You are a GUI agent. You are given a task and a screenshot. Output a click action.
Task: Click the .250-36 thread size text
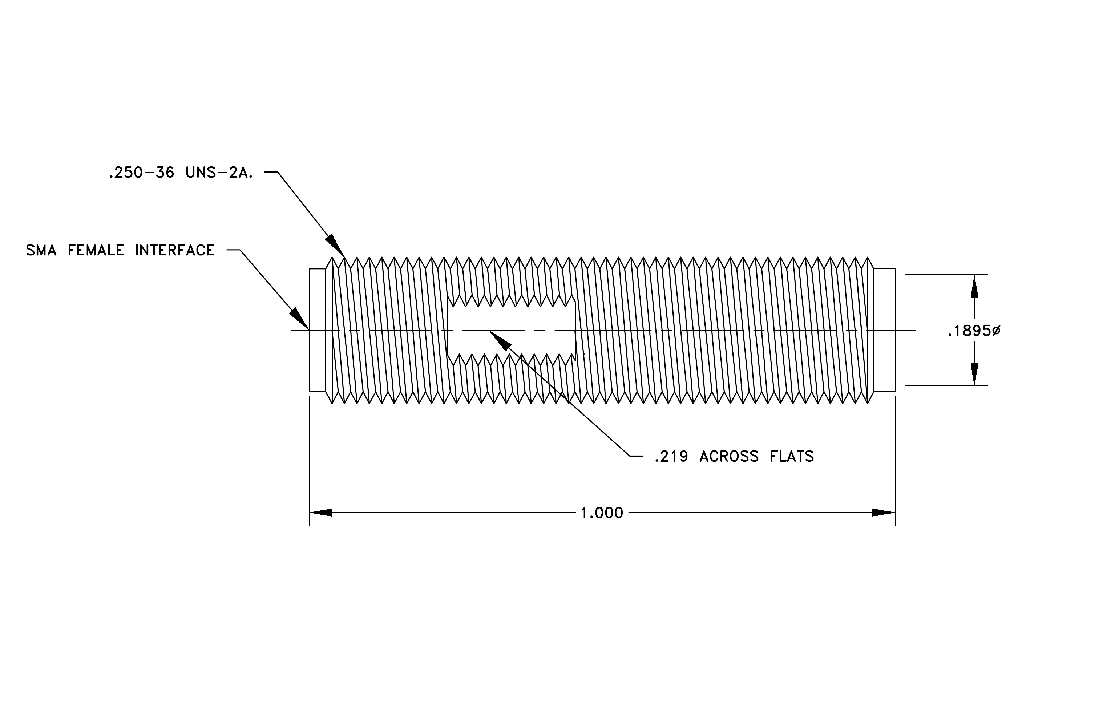pos(141,173)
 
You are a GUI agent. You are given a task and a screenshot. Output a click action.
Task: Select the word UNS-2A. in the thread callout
pos(219,173)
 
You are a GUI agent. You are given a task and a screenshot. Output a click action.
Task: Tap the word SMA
pos(41,250)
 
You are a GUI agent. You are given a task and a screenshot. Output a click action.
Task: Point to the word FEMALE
pos(96,250)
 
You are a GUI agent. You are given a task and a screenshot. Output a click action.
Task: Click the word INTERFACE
pos(174,250)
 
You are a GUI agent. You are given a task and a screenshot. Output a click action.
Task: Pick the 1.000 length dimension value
pos(602,513)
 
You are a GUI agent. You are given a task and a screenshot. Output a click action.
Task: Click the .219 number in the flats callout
pos(671,457)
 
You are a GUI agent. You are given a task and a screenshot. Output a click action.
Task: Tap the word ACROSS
pos(729,457)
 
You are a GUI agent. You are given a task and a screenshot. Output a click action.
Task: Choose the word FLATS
pos(792,457)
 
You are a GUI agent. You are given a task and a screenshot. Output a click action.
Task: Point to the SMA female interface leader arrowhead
pos(299,319)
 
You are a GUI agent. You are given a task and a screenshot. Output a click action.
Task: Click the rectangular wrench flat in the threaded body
pos(511,330)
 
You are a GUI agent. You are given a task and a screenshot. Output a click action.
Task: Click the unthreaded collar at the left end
pos(318,330)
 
